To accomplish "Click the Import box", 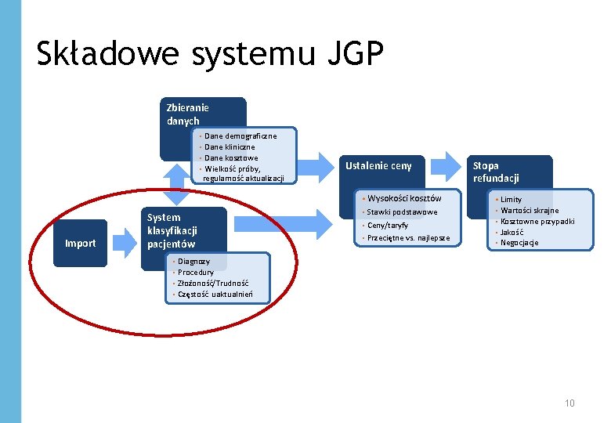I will [x=80, y=243].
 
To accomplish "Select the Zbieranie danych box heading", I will [x=187, y=114].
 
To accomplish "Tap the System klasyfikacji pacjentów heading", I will [x=172, y=230].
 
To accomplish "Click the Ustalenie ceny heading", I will [x=378, y=165].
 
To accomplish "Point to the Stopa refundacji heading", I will [x=496, y=172].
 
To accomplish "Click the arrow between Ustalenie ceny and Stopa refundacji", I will [x=447, y=165].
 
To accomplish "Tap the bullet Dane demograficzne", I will [x=239, y=136].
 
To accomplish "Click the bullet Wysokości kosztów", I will [x=403, y=198].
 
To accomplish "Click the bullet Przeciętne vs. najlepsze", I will [x=408, y=238].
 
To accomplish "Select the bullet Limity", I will [x=511, y=200].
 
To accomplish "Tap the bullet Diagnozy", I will [x=193, y=261].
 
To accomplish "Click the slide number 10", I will [x=569, y=403].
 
